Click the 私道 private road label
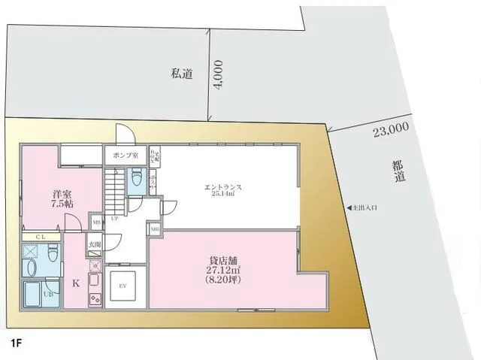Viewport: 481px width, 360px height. [x=182, y=73]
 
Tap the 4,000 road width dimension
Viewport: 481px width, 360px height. [x=218, y=76]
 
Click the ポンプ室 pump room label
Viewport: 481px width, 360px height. [x=125, y=155]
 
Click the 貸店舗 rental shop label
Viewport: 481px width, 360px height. [x=223, y=262]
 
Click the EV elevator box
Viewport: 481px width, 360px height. [x=122, y=285]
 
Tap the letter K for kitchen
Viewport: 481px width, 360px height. [x=75, y=284]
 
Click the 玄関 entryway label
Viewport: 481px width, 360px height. [x=95, y=244]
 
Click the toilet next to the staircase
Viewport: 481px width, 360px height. [x=136, y=178]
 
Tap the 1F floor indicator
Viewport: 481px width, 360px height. [x=16, y=343]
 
